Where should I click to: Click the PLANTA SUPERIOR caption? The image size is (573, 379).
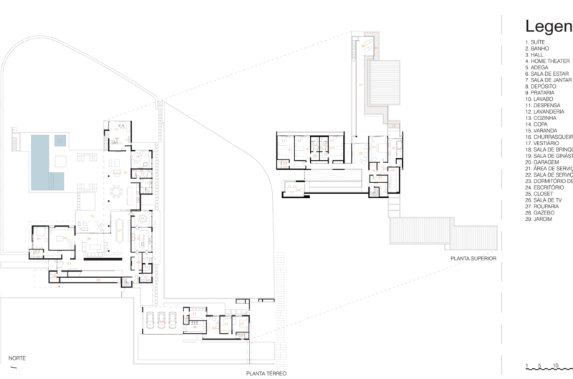(473, 258)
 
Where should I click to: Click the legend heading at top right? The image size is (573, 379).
(549, 26)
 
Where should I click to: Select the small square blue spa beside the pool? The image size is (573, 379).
(60, 139)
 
